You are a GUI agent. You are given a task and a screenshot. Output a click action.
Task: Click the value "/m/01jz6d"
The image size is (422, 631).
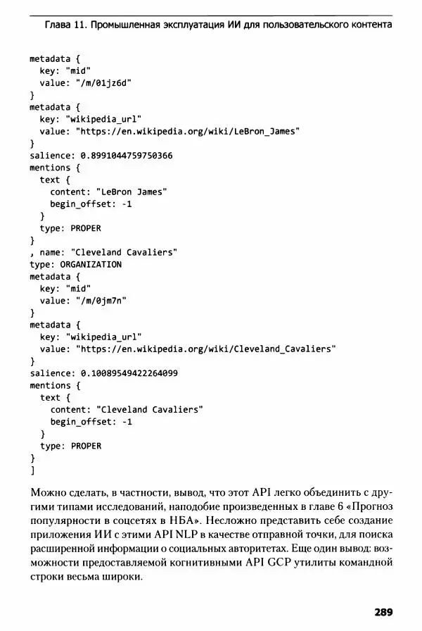pos(104,82)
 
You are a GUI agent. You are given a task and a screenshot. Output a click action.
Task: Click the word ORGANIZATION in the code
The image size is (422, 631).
pos(91,264)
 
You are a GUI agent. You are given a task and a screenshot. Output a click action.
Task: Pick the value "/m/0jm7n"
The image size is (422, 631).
pos(101,301)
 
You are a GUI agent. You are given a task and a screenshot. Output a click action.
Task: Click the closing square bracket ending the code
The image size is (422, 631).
pos(32,470)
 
